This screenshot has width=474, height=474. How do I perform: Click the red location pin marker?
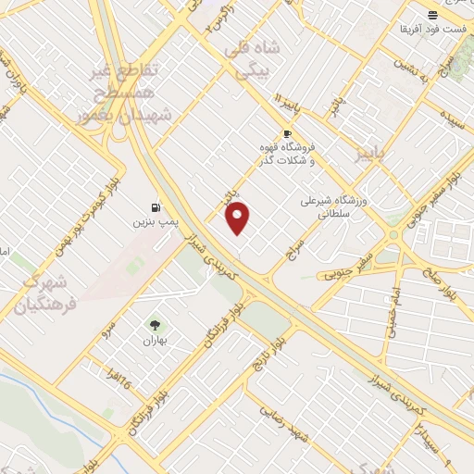(239, 218)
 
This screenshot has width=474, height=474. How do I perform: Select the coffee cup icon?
(287, 133)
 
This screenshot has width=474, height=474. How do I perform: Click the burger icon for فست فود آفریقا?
(431, 15)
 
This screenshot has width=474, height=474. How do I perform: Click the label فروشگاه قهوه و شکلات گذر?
(287, 153)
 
